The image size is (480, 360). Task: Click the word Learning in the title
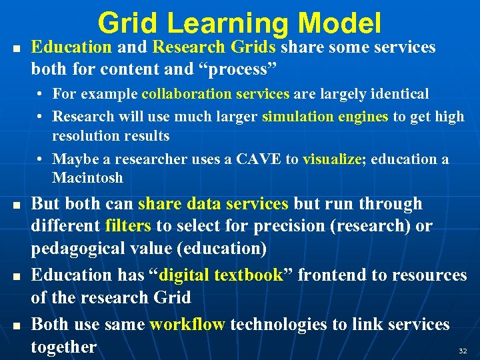click(228, 23)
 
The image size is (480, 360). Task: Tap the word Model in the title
click(340, 23)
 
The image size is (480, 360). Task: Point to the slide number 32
click(463, 350)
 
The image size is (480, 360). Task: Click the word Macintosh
click(87, 178)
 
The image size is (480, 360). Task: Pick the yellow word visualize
click(331, 159)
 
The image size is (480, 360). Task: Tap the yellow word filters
click(128, 227)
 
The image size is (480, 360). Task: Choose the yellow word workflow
click(187, 325)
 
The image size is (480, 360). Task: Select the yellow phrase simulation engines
click(325, 117)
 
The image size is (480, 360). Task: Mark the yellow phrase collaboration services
click(215, 94)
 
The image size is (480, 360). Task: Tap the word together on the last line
click(64, 347)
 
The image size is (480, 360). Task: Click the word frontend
click(326, 275)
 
